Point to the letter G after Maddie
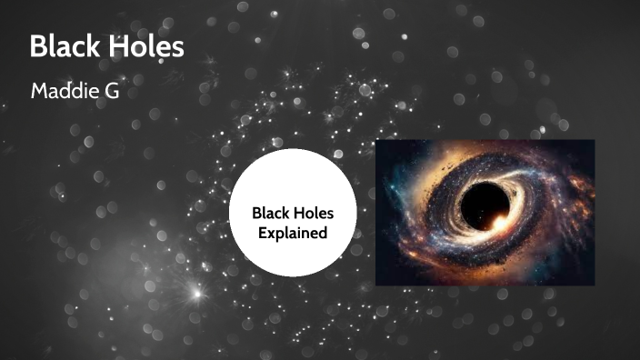click(x=114, y=91)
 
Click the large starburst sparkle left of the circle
click(x=193, y=293)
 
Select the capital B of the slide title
click(x=38, y=46)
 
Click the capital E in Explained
click(x=258, y=234)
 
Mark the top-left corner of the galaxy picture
click(x=375, y=140)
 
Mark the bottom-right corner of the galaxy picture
click(x=594, y=285)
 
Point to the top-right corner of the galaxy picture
click(x=594, y=140)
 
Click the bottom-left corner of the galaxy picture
click(x=375, y=285)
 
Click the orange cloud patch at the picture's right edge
click(x=582, y=195)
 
